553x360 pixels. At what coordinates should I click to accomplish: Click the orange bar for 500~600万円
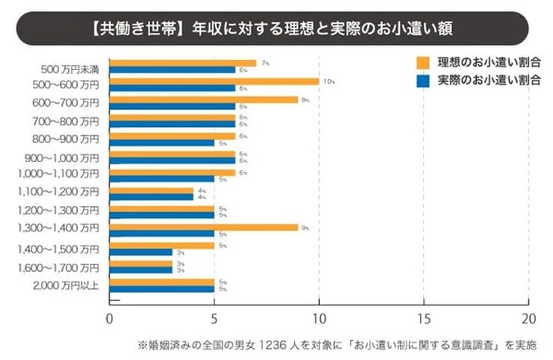pyautogui.click(x=214, y=81)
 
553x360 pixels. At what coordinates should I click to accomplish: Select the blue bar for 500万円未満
pyautogui.click(x=172, y=70)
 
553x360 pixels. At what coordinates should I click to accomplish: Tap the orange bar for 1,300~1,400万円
pyautogui.click(x=203, y=227)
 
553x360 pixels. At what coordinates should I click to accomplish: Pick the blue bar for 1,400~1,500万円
pyautogui.click(x=140, y=252)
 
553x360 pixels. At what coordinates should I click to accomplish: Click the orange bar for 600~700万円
pyautogui.click(x=203, y=99)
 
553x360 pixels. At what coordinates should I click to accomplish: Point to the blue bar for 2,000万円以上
pyautogui.click(x=161, y=288)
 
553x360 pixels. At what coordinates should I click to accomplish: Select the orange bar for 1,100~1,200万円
pyautogui.click(x=151, y=190)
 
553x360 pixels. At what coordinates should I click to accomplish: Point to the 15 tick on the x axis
pyautogui.click(x=424, y=316)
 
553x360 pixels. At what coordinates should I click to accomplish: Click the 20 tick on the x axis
pyautogui.click(x=528, y=316)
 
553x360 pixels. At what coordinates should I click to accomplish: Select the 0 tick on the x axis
pyautogui.click(x=109, y=316)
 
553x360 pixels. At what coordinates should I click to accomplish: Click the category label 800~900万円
pyautogui.click(x=66, y=138)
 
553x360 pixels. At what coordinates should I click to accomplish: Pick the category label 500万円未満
pyautogui.click(x=69, y=69)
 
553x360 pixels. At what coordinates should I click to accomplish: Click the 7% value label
pyautogui.click(x=265, y=63)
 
